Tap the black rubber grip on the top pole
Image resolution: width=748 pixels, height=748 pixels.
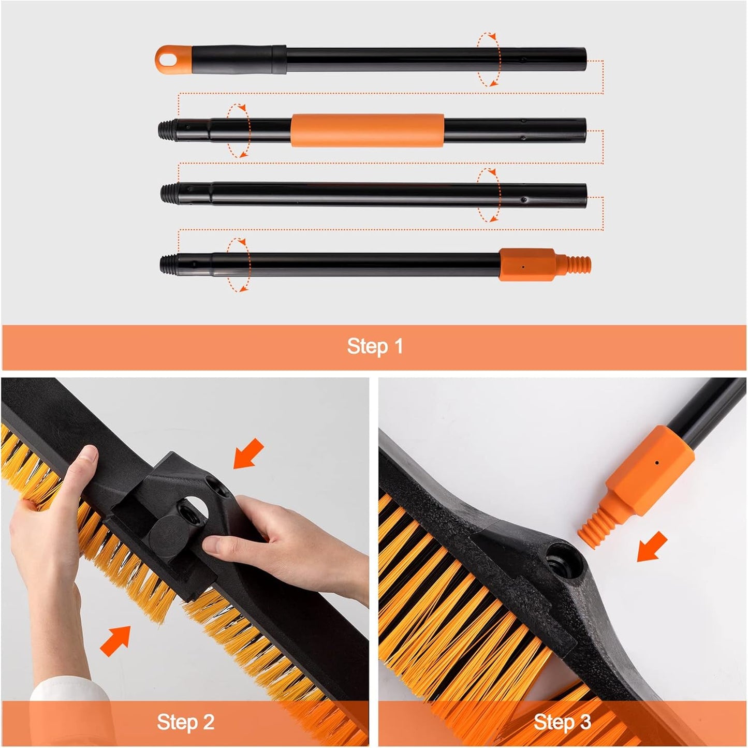click(238, 59)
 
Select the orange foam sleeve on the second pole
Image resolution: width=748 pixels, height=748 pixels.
click(367, 130)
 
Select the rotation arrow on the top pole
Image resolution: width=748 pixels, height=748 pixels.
click(489, 59)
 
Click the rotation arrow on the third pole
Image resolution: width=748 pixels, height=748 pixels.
click(489, 195)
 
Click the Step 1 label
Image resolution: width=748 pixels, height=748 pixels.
click(375, 346)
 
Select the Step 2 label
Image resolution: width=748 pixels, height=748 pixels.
click(185, 722)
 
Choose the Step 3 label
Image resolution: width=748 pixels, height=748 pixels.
click(562, 722)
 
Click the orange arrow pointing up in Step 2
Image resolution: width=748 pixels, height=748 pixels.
click(115, 640)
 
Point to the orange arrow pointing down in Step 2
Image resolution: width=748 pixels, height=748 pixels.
click(248, 454)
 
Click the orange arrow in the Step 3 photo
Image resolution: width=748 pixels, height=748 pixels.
click(652, 546)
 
